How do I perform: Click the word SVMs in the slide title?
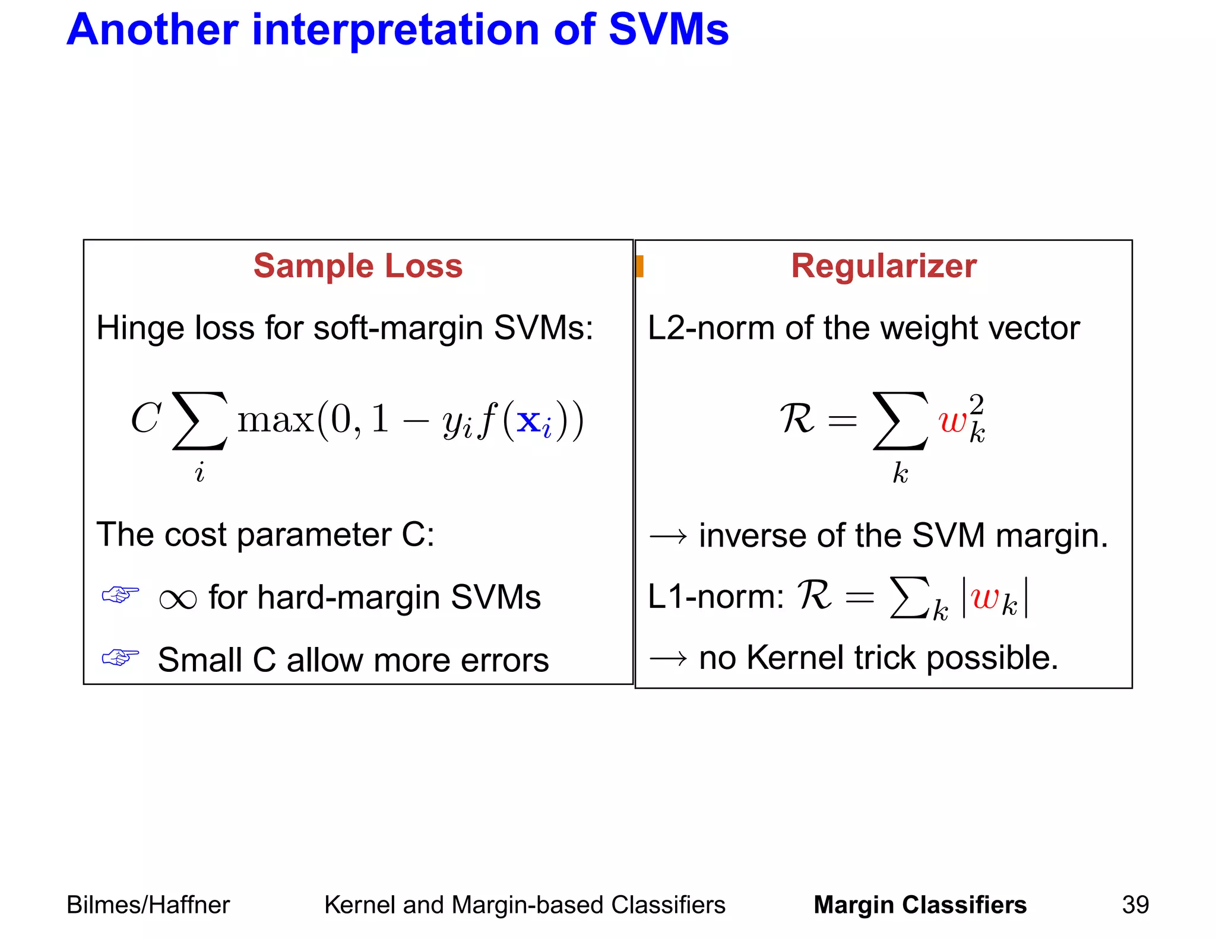[x=668, y=30]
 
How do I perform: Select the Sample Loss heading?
[x=357, y=265]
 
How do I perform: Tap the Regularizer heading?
[x=883, y=265]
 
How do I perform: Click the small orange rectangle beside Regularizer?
[x=639, y=266]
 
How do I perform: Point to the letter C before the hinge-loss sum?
[x=145, y=418]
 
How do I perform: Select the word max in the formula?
[x=275, y=420]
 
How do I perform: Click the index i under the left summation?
[x=199, y=473]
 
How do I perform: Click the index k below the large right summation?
[x=900, y=473]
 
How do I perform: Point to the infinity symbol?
[x=178, y=599]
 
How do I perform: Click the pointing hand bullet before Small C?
[x=121, y=657]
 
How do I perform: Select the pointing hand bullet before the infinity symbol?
[x=121, y=594]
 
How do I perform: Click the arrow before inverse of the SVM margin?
[x=668, y=537]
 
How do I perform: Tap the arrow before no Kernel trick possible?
[x=668, y=658]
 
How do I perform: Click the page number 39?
[x=1135, y=905]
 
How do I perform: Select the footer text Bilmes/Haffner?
[x=148, y=905]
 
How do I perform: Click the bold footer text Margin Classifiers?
[x=920, y=905]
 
